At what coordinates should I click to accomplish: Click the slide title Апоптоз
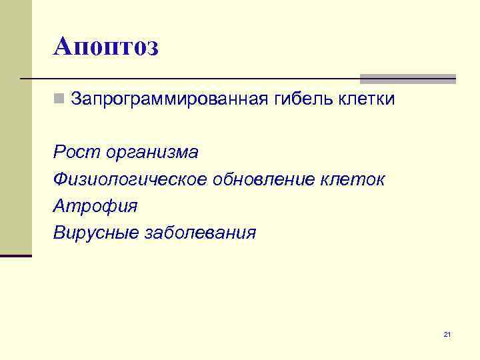(x=106, y=47)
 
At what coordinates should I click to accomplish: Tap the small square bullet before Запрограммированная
(x=59, y=100)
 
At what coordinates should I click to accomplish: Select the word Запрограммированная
(x=169, y=100)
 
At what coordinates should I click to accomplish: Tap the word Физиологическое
(x=131, y=179)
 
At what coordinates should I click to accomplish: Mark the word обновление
(x=266, y=179)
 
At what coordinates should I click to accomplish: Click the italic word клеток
(x=355, y=179)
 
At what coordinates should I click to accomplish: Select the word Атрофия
(x=95, y=206)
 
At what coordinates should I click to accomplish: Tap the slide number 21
(x=447, y=334)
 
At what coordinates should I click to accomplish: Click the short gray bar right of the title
(x=408, y=78)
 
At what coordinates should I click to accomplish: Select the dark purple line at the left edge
(x=16, y=255)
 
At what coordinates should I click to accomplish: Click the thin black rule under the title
(x=200, y=79)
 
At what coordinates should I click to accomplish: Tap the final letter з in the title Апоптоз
(x=151, y=48)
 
